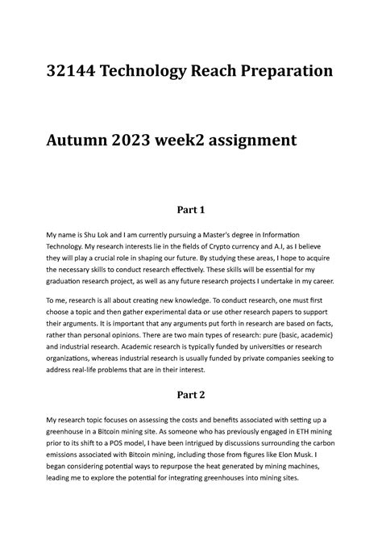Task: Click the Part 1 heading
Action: pyautogui.click(x=191, y=210)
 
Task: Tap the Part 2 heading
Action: pyautogui.click(x=191, y=396)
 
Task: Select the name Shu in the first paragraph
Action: pyautogui.click(x=104, y=234)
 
